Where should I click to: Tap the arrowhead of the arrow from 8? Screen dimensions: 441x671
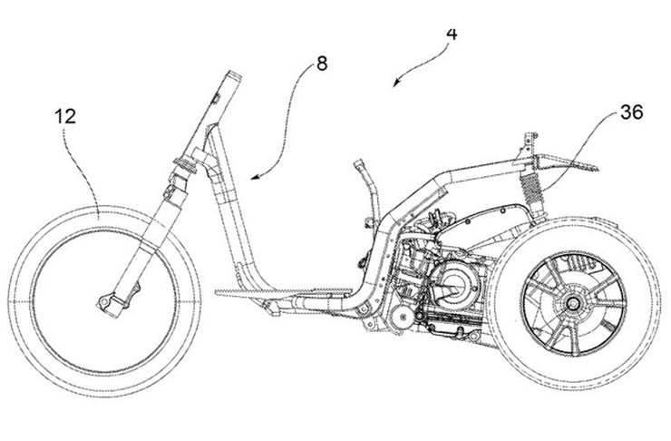pos(252,178)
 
